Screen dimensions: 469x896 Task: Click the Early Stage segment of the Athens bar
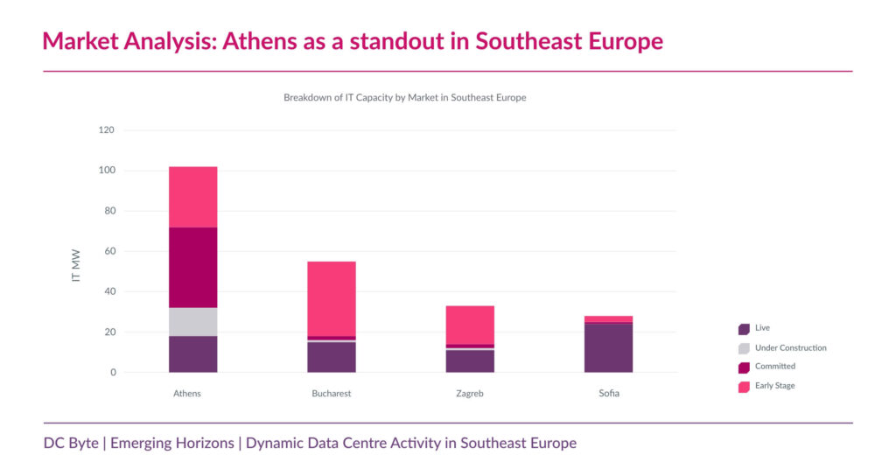coord(192,197)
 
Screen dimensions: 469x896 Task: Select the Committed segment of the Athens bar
coord(192,267)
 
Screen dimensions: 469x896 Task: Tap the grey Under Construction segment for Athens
coord(192,321)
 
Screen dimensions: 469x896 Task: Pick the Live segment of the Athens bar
coord(192,353)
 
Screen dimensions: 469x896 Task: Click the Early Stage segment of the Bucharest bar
coord(332,297)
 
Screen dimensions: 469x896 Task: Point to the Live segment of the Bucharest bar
coord(332,357)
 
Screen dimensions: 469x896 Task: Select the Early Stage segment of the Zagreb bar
coord(470,325)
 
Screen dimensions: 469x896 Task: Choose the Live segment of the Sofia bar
coord(608,348)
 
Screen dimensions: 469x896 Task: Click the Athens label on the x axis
coord(187,394)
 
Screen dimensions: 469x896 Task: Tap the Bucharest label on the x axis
coord(332,394)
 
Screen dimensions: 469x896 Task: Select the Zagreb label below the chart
coord(470,394)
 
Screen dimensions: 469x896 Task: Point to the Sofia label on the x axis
coord(608,394)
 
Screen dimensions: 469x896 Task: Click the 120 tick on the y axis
coord(106,129)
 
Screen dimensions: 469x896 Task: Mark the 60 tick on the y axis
coord(108,251)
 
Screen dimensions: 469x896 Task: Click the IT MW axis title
coord(76,266)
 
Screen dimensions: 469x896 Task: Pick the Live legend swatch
coord(744,329)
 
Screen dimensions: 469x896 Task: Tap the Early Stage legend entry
coord(774,385)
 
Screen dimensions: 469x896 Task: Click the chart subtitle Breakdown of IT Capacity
coord(404,98)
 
